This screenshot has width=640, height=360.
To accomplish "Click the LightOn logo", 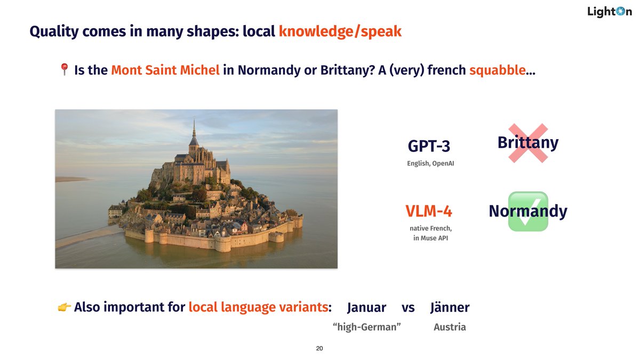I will [x=609, y=11].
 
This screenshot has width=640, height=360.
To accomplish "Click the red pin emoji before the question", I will [x=64, y=69].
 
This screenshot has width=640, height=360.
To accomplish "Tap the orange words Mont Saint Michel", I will [x=165, y=70].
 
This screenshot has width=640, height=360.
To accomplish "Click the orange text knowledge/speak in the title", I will [x=340, y=32].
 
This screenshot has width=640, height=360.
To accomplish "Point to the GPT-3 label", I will [x=429, y=146].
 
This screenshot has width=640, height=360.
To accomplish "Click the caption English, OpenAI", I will [x=430, y=163].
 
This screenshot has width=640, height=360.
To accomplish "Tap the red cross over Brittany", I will [x=527, y=143].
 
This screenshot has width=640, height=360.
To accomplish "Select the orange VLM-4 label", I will [x=429, y=212].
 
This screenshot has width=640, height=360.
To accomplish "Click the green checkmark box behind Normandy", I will [x=528, y=212].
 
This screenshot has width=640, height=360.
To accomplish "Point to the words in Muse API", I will [x=430, y=238].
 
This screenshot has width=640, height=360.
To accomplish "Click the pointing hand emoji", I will [x=63, y=307].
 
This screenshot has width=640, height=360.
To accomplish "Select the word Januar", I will [x=366, y=308].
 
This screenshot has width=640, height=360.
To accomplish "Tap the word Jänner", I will [x=450, y=308].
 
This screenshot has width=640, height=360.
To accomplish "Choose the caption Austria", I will [x=450, y=327].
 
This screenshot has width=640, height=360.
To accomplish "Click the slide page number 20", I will [x=319, y=348].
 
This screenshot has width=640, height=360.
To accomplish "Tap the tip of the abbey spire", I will [x=194, y=120].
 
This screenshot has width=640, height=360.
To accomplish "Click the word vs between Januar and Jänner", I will [x=408, y=308].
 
